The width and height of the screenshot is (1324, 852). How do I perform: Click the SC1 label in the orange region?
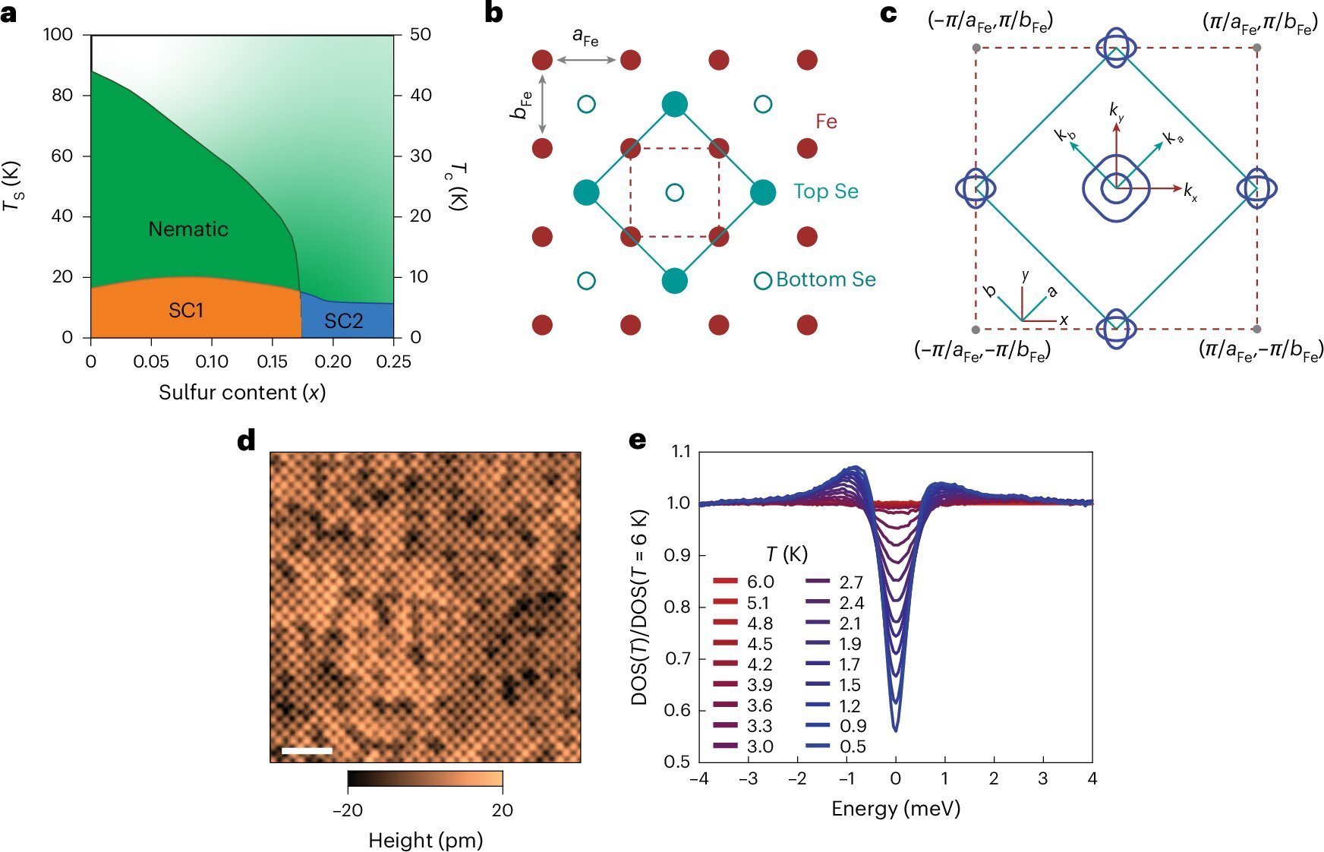[x=186, y=310]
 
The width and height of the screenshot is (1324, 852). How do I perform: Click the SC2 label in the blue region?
[x=344, y=320]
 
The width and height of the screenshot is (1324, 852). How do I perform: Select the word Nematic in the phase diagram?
[x=188, y=229]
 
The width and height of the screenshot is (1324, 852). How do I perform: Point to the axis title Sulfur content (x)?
[x=242, y=393]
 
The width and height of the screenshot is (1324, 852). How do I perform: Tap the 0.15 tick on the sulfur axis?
[x=271, y=361]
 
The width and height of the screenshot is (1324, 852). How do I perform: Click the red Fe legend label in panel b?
[x=826, y=121]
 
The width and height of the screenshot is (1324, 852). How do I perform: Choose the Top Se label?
[x=826, y=191]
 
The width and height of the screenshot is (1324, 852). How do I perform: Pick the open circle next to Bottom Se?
[x=763, y=280]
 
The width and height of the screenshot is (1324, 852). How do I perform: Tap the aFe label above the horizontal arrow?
[x=585, y=36]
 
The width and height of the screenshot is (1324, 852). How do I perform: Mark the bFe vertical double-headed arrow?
[x=543, y=104]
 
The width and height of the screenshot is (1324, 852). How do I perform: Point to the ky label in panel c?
[x=1116, y=111]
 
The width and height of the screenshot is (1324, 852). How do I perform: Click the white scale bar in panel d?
[x=307, y=751]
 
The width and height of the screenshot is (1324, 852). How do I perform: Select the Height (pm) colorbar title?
[x=425, y=840]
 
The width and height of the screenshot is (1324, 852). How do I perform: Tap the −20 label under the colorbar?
[x=347, y=810]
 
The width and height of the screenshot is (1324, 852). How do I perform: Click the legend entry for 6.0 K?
[x=744, y=582]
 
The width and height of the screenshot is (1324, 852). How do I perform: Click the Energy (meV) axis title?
[x=896, y=808]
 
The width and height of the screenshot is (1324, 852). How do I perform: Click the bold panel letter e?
[x=638, y=440]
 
